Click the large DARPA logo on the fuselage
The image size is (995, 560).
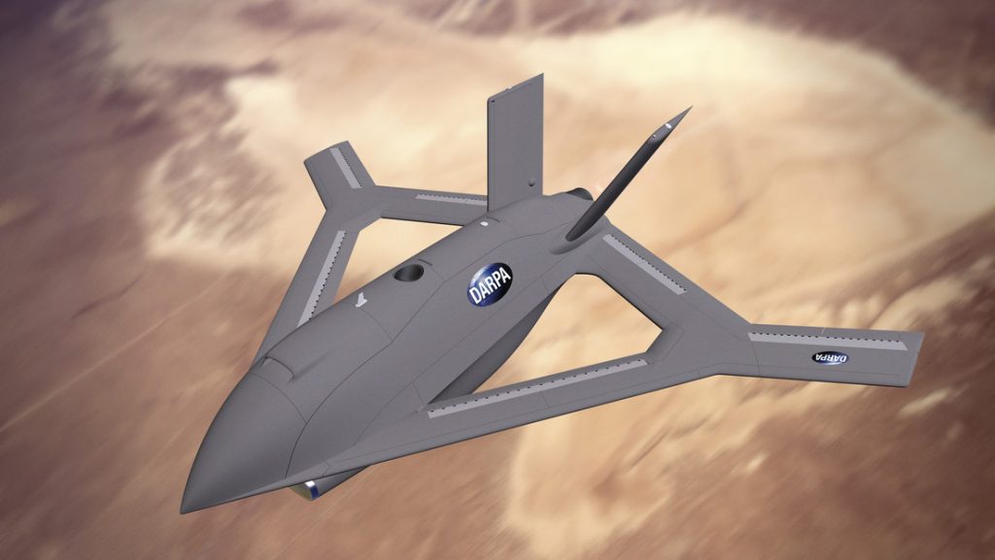click(490, 284)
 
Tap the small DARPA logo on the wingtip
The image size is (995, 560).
click(830, 358)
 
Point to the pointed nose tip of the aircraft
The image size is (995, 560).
click(184, 508)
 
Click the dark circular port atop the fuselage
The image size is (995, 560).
click(408, 273)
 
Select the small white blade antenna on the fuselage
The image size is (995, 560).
click(361, 299)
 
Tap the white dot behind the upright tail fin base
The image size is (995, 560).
click(484, 223)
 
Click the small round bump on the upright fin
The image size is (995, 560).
click(532, 185)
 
